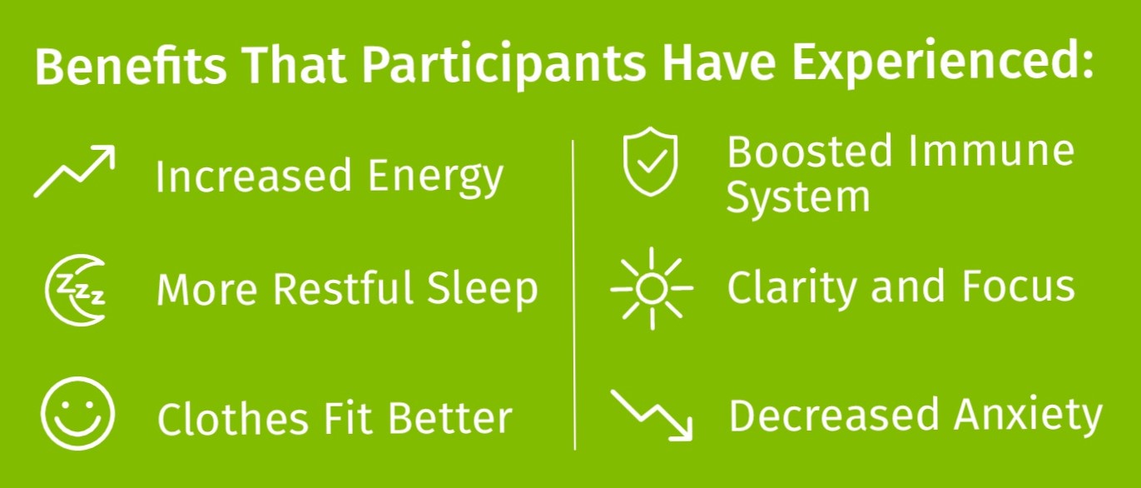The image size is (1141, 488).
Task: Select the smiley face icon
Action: tap(77, 414)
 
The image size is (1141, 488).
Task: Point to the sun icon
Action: tap(652, 288)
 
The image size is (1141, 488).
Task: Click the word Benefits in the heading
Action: tap(131, 67)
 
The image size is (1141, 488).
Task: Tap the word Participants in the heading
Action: tap(504, 67)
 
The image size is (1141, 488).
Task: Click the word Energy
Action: tap(435, 177)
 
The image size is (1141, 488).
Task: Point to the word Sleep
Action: tap(482, 289)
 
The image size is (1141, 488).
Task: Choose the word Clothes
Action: tap(231, 418)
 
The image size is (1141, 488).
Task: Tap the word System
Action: tap(797, 199)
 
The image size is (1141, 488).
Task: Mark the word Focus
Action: tap(1018, 286)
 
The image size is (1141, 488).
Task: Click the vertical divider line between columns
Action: tap(574, 295)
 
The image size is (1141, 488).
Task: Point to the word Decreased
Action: tap(833, 415)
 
